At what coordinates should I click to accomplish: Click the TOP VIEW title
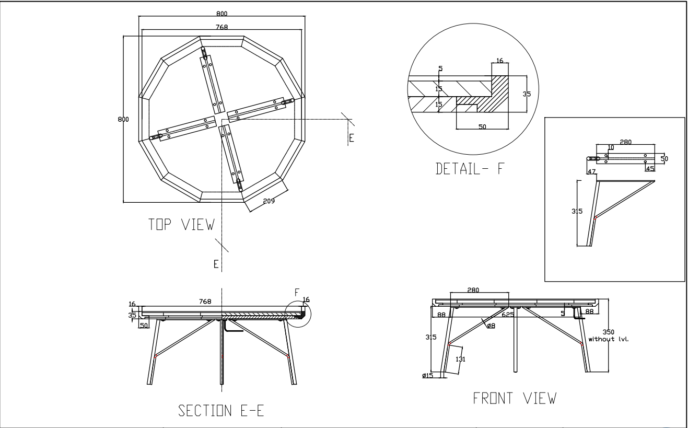point(181,224)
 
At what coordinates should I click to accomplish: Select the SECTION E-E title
point(221,410)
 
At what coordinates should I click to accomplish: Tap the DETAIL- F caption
point(470,168)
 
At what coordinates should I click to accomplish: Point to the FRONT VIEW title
point(515,398)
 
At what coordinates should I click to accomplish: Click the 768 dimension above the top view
point(221,27)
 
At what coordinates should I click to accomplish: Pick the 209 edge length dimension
point(269,201)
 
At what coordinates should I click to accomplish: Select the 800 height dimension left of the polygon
point(123,119)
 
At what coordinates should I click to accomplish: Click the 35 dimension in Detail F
point(527,94)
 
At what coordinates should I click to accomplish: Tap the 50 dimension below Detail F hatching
point(482,126)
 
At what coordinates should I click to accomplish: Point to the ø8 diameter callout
point(491,326)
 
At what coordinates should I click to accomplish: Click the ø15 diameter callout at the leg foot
point(427,375)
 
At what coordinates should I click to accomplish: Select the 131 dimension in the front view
point(460,359)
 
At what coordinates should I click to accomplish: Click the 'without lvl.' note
point(609,339)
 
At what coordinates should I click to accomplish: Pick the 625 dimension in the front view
point(508,315)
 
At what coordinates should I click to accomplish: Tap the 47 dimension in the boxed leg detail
point(591,172)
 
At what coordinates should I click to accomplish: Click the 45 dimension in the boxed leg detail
point(650,169)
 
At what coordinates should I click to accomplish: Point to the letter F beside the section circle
point(297,293)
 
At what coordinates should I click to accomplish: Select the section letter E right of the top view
point(352,138)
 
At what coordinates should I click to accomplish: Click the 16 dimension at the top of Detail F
point(500,61)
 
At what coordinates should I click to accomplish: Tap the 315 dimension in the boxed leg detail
point(577,211)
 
